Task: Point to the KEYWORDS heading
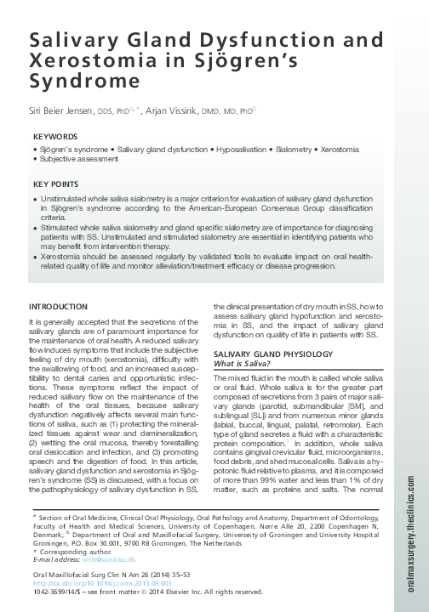pos(55,136)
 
